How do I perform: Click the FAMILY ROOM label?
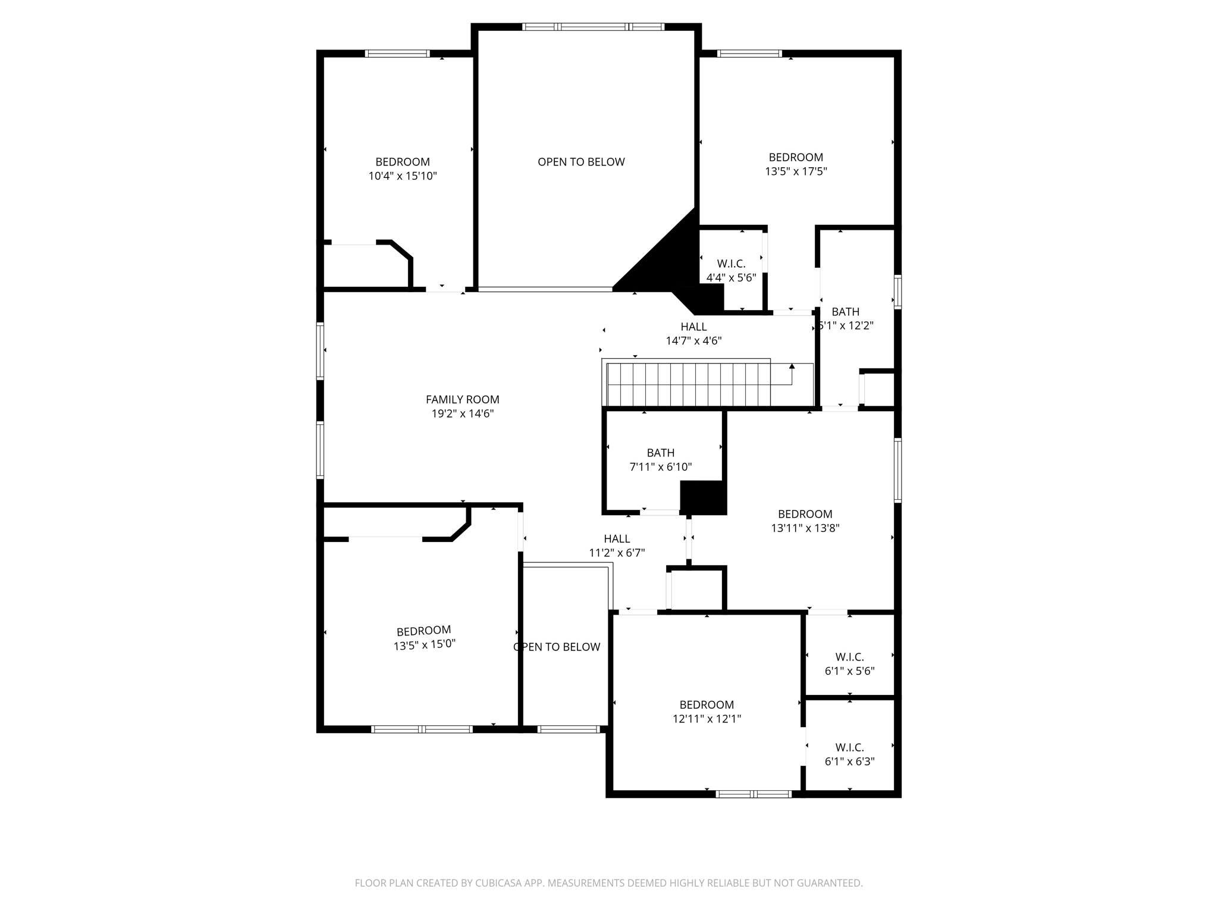(462, 399)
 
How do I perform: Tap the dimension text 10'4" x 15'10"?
(403, 176)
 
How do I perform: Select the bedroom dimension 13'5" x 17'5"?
(796, 171)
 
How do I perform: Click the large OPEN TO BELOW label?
(581, 162)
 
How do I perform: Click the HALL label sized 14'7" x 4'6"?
(693, 327)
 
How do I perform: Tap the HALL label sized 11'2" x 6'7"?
(617, 539)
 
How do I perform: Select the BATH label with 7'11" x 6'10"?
(660, 453)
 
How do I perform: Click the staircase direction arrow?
(792, 367)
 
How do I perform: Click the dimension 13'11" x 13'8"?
(805, 528)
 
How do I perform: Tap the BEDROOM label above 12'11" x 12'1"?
(707, 705)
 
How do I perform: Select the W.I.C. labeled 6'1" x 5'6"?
(849, 657)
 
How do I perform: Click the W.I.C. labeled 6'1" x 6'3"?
(849, 747)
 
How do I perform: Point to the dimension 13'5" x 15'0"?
(424, 644)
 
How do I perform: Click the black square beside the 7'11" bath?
(704, 497)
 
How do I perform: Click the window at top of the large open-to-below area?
(593, 27)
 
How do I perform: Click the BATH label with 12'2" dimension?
(845, 312)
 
